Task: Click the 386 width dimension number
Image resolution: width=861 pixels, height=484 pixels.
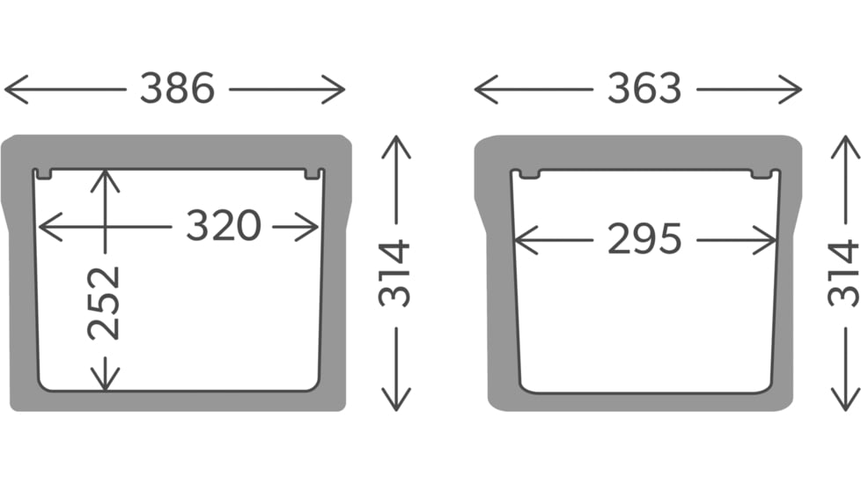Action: [177, 88]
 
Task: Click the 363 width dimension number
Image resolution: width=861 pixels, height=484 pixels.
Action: [644, 88]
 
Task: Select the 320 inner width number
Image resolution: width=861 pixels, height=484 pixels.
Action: [223, 225]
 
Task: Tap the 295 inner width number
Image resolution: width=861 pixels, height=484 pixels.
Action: [644, 239]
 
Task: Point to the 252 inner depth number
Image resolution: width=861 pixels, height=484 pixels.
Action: [104, 303]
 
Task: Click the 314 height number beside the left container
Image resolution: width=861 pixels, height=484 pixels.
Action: [394, 274]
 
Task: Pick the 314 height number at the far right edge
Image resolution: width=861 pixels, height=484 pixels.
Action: [844, 274]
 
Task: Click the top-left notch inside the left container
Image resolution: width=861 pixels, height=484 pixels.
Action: [44, 174]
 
